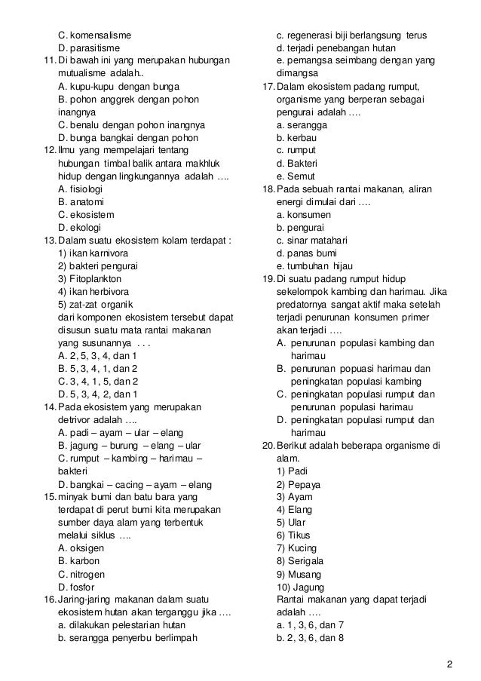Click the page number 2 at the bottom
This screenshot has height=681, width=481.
(x=449, y=664)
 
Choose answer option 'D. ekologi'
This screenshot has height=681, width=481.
(x=82, y=228)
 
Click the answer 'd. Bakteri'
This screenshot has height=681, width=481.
(x=297, y=164)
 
